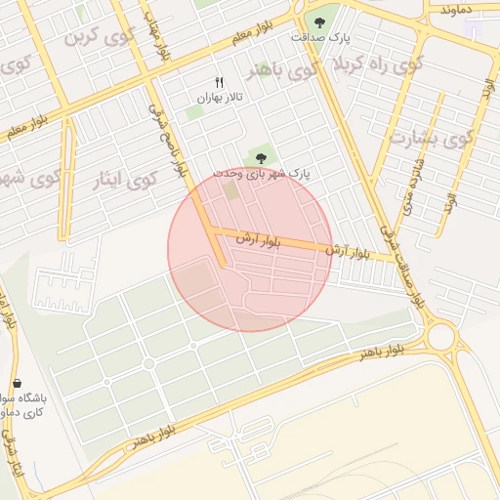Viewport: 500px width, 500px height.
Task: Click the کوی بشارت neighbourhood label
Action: (x=431, y=137)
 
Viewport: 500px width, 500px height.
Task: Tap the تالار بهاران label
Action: (x=219, y=98)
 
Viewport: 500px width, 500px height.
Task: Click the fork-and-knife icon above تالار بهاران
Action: (x=219, y=83)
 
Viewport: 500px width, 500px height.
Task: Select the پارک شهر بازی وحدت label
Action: (x=262, y=172)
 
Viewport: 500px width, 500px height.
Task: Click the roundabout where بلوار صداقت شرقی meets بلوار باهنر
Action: (x=441, y=338)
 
